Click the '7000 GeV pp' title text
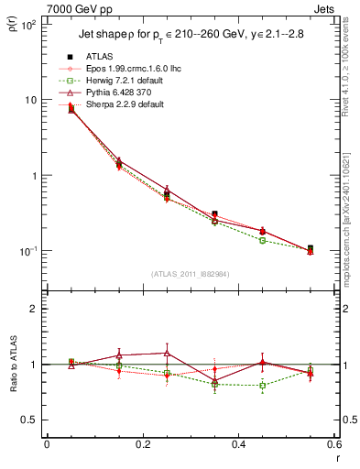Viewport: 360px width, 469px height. coord(73,8)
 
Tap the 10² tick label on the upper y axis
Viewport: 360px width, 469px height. coord(28,25)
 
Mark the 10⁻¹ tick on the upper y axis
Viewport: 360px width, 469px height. coord(28,250)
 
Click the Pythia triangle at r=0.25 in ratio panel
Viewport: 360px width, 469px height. coord(167,353)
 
